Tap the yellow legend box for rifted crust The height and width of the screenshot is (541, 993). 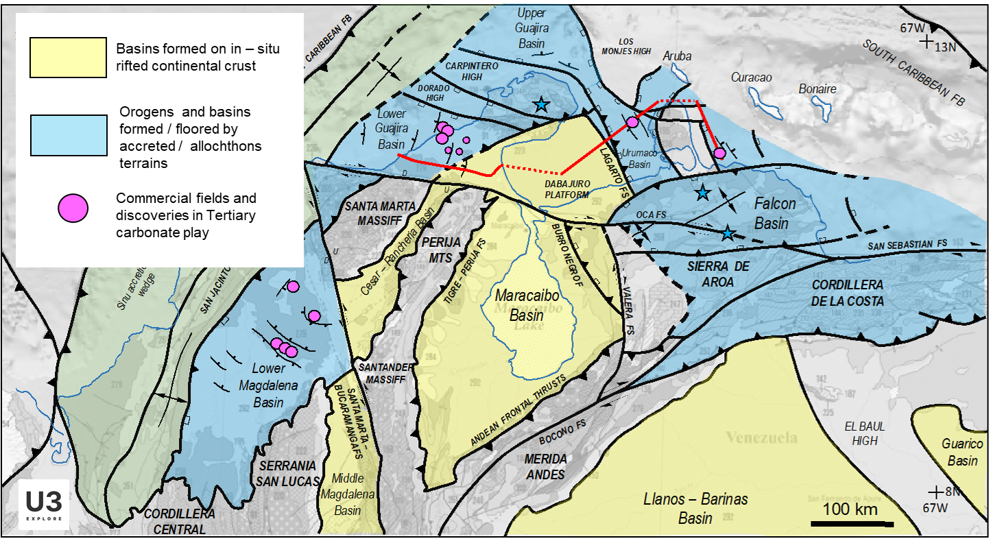coord(68,58)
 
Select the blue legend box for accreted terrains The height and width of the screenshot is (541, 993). coord(68,135)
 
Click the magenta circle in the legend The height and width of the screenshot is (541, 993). coord(73,208)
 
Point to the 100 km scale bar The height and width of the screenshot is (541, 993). coord(852,523)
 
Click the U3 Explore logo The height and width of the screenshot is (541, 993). coord(45,505)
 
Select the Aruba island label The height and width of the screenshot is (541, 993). coord(678,56)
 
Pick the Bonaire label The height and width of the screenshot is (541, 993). coord(817,89)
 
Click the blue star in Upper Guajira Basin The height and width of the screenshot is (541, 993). coord(541,104)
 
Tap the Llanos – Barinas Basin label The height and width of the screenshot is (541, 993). coord(695,508)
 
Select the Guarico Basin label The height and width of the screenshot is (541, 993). coord(962,453)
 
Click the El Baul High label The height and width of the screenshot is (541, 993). coord(865,433)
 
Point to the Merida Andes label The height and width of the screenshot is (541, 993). coord(545,466)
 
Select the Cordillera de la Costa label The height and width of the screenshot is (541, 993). coord(848,292)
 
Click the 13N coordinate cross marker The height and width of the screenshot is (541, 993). coord(927,43)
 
